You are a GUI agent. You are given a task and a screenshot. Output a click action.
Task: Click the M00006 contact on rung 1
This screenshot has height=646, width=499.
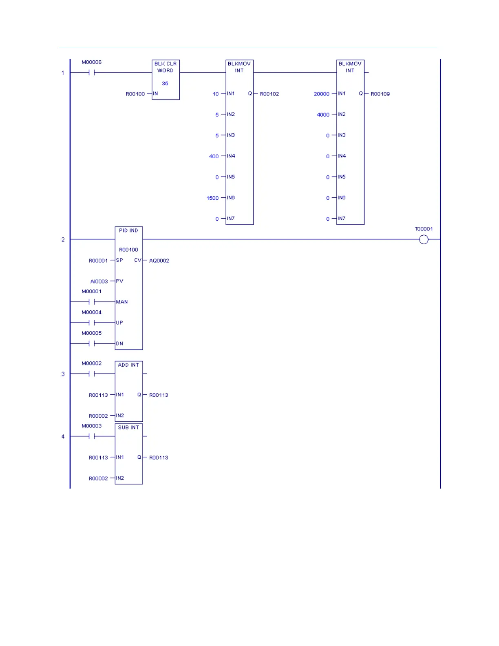point(91,73)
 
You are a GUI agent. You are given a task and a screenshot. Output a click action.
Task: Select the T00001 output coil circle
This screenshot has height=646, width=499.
point(424,239)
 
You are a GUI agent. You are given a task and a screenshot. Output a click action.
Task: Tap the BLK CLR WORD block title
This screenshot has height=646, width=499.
point(166,67)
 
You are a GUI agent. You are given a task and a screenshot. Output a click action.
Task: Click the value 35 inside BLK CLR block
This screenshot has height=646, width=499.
point(165,84)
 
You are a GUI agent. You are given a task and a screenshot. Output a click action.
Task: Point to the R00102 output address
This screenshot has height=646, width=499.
point(269,94)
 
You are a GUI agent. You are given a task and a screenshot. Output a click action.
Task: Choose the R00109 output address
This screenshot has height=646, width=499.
point(380,94)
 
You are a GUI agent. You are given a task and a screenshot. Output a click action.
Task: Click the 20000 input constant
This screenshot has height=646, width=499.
point(321,94)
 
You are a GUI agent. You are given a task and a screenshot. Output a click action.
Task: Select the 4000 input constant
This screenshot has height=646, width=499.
point(323,115)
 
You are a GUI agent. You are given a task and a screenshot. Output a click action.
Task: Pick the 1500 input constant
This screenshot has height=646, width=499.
point(212,198)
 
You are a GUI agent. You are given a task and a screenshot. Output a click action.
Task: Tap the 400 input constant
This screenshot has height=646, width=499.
point(214,156)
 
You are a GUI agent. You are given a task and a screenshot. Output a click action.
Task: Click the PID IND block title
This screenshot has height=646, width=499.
point(128,230)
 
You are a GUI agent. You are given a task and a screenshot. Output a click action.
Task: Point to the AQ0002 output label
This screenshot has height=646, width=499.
point(159,261)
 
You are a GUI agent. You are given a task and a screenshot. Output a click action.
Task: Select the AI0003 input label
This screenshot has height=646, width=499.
point(99,281)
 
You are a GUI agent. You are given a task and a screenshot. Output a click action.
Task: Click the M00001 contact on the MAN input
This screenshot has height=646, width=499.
point(91,302)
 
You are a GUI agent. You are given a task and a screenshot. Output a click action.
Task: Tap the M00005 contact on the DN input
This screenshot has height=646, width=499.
point(91,343)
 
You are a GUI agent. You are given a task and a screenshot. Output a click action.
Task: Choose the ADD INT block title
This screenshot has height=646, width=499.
point(128,365)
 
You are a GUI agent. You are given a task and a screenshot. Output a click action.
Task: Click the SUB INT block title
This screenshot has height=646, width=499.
point(128,427)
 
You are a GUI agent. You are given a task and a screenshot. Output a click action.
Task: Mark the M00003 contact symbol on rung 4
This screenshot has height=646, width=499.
point(91,436)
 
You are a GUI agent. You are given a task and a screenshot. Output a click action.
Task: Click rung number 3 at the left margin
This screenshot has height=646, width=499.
point(63,374)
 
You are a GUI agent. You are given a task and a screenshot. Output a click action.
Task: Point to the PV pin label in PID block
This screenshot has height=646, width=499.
point(119,281)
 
